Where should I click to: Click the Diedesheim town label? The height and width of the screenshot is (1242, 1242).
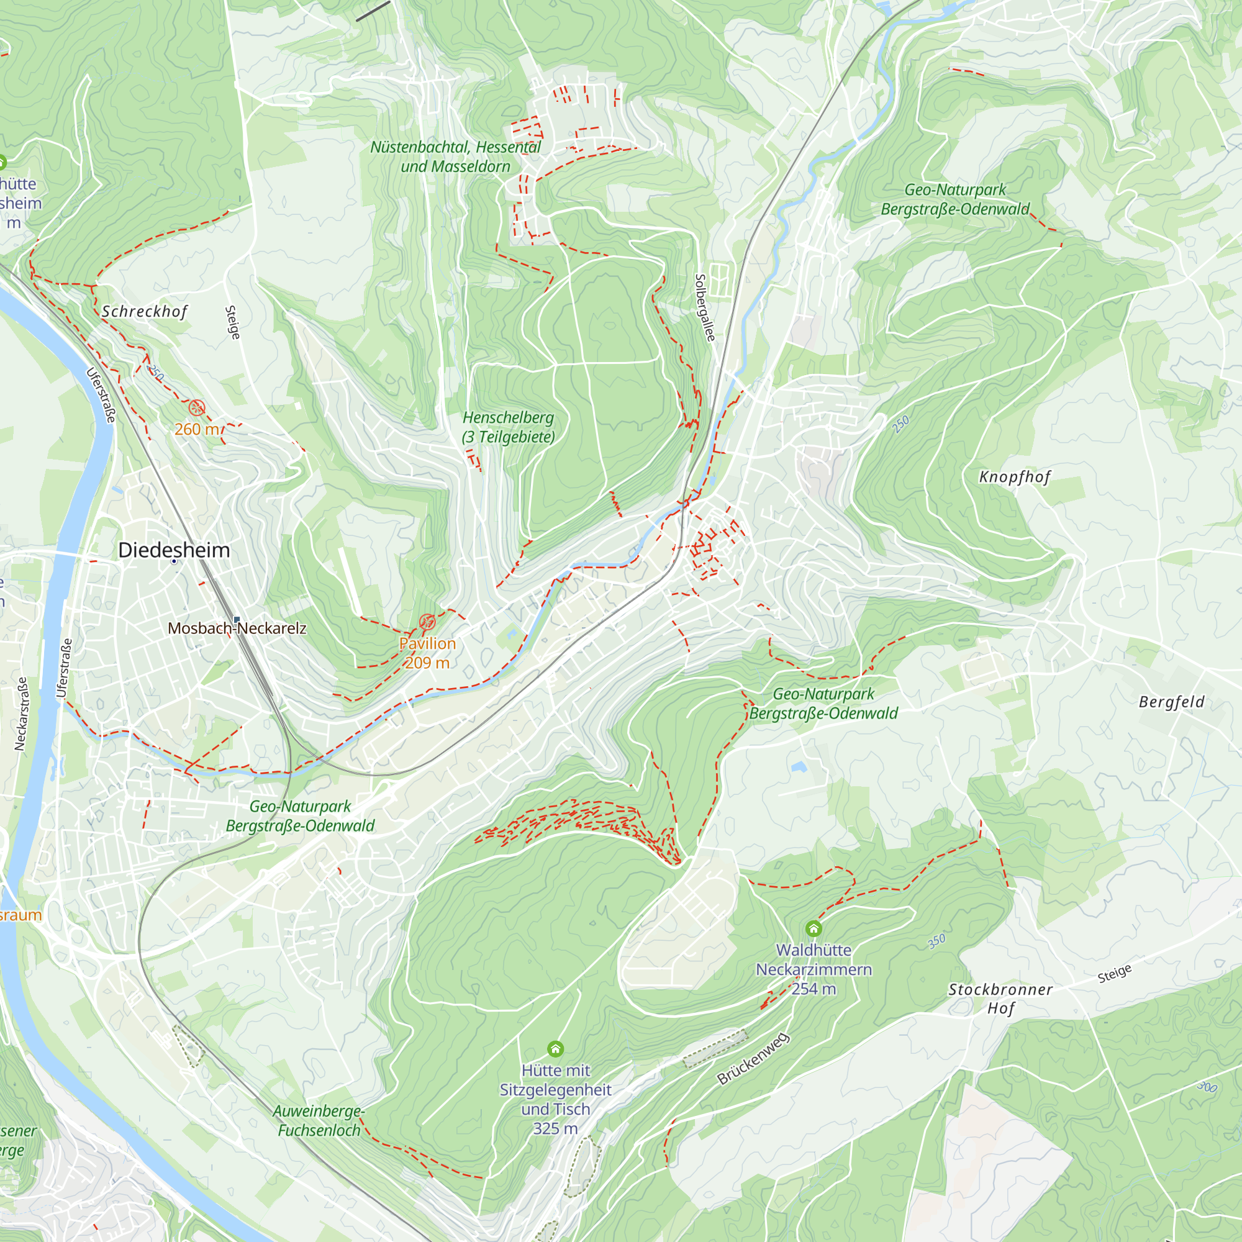point(175,550)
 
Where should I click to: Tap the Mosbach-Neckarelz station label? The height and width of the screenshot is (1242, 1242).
point(237,628)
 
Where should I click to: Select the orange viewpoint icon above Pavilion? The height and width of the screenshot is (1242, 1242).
point(427,622)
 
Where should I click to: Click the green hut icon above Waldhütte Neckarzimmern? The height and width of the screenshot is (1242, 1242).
point(814,928)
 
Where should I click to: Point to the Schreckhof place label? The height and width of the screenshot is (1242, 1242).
point(145,312)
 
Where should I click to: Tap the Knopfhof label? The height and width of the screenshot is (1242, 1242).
point(1015,477)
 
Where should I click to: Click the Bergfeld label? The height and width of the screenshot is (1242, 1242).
point(1171,702)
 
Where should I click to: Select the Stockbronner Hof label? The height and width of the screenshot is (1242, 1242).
point(1000,999)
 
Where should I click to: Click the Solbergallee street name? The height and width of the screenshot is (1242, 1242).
point(705,308)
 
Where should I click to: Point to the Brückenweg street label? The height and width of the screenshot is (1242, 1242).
point(753,1059)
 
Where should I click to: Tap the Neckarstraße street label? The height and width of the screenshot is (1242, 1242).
point(21,714)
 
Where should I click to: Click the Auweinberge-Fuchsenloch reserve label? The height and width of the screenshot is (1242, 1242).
point(319,1120)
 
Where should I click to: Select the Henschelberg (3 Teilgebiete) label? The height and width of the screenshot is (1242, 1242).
point(508,427)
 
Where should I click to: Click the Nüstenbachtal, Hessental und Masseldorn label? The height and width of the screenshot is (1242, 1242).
point(455,157)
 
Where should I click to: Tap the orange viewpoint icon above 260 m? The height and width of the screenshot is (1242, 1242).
point(197,407)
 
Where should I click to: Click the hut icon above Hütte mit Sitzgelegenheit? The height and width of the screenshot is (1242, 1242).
point(555,1049)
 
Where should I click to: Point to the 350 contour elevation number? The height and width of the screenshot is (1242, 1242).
point(936,941)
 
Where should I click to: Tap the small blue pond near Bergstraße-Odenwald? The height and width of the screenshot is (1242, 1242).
point(799,766)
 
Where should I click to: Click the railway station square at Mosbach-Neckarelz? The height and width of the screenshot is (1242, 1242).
point(237,620)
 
